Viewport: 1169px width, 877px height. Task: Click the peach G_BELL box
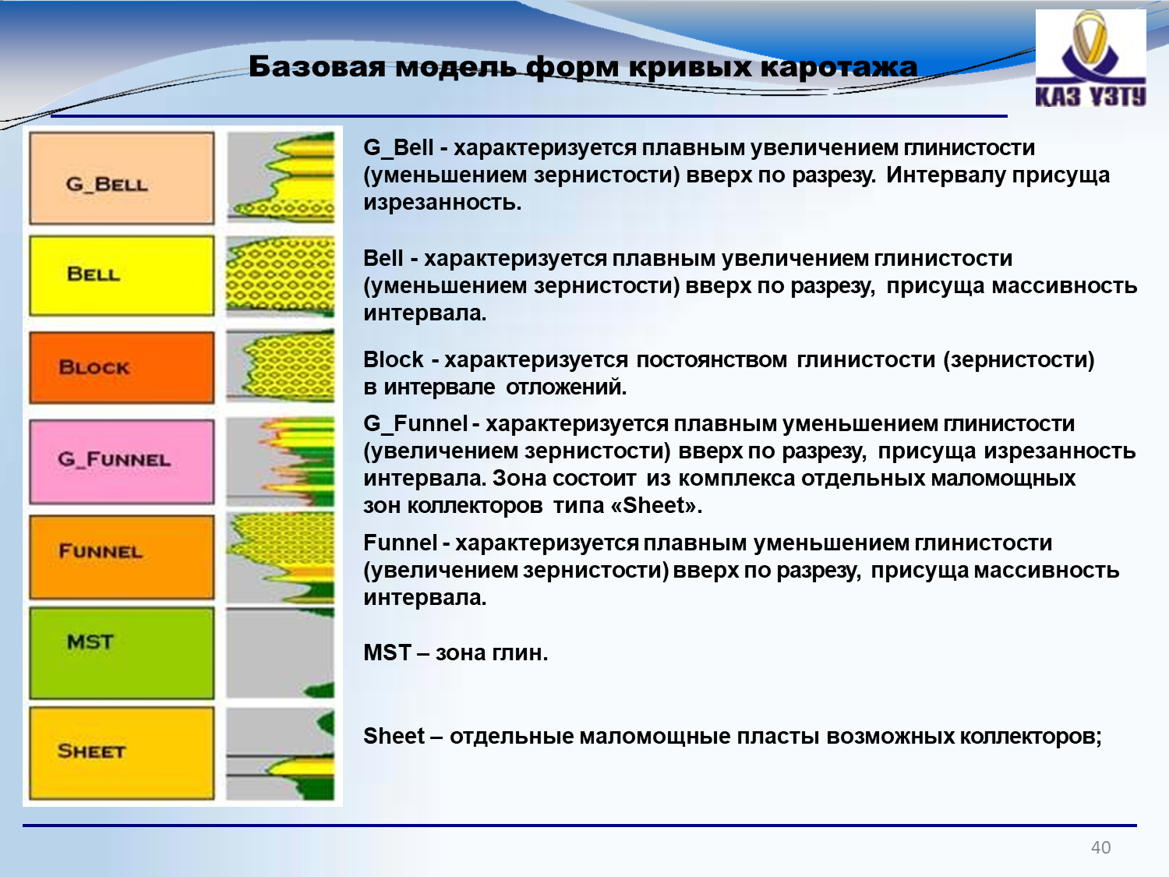(x=122, y=179)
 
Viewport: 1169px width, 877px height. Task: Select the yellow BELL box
(x=122, y=276)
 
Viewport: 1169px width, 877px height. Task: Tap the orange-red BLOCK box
(x=122, y=367)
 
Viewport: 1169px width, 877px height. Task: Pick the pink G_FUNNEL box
(x=122, y=461)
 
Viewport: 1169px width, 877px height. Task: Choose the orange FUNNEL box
(x=122, y=557)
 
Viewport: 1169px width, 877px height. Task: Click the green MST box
(x=122, y=653)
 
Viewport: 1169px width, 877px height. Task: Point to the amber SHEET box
(x=122, y=753)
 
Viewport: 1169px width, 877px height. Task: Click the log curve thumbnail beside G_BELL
(x=281, y=177)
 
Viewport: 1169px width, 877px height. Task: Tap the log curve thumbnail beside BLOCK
(x=281, y=366)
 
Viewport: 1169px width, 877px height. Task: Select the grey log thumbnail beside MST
(x=281, y=653)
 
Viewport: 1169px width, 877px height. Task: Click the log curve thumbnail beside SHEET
(x=281, y=754)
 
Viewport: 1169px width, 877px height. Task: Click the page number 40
(x=1101, y=847)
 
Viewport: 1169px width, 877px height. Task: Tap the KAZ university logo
(x=1091, y=58)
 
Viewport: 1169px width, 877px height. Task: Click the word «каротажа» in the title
(x=839, y=67)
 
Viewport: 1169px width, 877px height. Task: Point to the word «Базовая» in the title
(x=317, y=67)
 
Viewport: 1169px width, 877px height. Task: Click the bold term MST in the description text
(x=387, y=652)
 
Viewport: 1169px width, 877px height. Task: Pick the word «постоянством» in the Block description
(x=712, y=360)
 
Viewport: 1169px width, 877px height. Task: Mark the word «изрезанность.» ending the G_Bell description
(x=443, y=203)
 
